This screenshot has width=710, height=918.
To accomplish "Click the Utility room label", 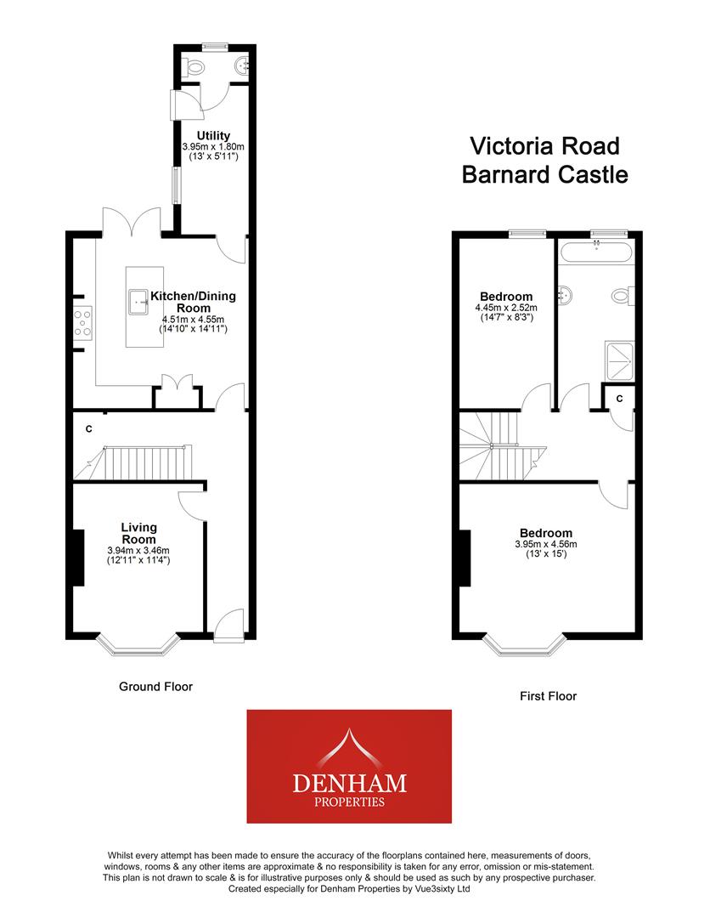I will click(213, 136).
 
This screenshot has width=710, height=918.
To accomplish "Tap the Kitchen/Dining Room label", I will click(194, 302).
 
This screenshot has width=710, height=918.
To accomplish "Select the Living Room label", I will click(138, 533).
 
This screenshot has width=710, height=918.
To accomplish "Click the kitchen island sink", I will click(138, 299).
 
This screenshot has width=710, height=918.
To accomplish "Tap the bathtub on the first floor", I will click(596, 251).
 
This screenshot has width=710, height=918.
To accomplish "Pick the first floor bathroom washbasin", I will click(565, 295).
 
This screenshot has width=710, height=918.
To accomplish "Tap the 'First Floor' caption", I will click(548, 696).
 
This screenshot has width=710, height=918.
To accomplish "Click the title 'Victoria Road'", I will click(544, 145).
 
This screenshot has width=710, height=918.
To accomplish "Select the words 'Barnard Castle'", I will click(544, 174).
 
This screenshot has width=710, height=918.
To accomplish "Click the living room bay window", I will click(138, 648).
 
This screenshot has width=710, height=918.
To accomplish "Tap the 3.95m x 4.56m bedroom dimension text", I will click(545, 545).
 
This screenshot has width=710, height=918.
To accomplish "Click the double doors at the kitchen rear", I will click(132, 222).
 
